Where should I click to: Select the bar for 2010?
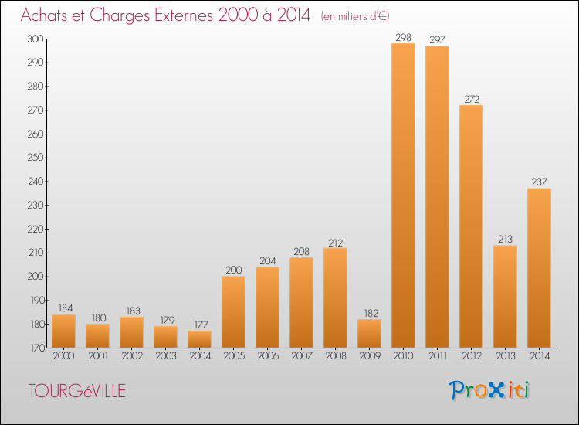pyautogui.click(x=403, y=195)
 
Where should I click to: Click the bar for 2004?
pyautogui.click(x=199, y=339)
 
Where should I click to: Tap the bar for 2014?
pyautogui.click(x=539, y=268)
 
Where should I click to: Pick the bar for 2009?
pyautogui.click(x=369, y=333)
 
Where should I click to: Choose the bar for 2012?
pyautogui.click(x=471, y=226)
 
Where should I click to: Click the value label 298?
pyautogui.click(x=403, y=37)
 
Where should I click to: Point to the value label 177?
pyautogui.click(x=201, y=325)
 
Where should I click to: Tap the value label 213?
pyautogui.click(x=505, y=239)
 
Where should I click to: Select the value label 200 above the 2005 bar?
pyautogui.click(x=234, y=270)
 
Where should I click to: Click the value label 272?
pyautogui.click(x=472, y=99)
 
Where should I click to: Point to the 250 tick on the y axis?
pyautogui.click(x=36, y=158)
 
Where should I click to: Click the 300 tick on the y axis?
pyautogui.click(x=36, y=39)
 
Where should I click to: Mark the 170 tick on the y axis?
pyautogui.click(x=36, y=348)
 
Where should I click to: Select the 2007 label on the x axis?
pyautogui.click(x=302, y=356)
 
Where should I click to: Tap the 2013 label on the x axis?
pyautogui.click(x=505, y=356)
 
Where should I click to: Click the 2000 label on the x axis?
pyautogui.click(x=63, y=356)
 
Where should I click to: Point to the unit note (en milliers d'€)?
pyautogui.click(x=355, y=16)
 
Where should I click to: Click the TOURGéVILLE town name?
pyautogui.click(x=77, y=391)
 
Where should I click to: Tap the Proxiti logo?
pyautogui.click(x=489, y=390)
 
